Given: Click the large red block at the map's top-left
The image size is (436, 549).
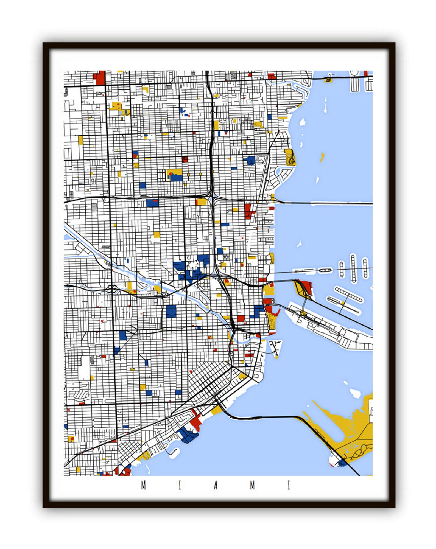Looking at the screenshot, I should click(x=100, y=78).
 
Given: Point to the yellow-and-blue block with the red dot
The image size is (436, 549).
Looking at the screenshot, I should click(x=174, y=175).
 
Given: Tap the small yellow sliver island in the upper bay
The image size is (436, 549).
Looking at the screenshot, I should click(x=322, y=157).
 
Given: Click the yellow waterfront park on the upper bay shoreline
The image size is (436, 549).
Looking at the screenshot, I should click(x=290, y=157).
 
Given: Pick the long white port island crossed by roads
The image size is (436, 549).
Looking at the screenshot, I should click(x=329, y=327).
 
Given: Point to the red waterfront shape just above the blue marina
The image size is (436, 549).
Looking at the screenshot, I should click(x=196, y=422).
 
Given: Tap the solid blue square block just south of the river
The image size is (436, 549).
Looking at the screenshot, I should click(x=171, y=311).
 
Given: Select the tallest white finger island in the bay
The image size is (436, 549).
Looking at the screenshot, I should click(x=353, y=268).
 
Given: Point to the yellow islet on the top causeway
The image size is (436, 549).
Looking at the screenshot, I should click(x=328, y=80).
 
